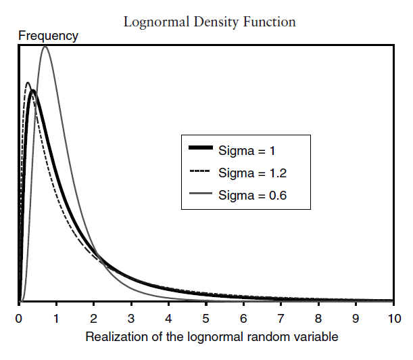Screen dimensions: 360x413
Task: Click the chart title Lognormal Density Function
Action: (x=210, y=22)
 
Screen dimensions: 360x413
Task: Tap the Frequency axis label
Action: (x=48, y=36)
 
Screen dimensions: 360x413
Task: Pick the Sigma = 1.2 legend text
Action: (x=251, y=172)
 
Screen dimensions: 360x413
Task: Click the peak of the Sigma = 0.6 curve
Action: (x=45, y=46)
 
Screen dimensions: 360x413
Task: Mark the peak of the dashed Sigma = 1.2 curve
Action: (x=28, y=83)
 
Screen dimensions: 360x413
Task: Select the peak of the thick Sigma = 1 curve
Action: (x=32, y=91)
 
